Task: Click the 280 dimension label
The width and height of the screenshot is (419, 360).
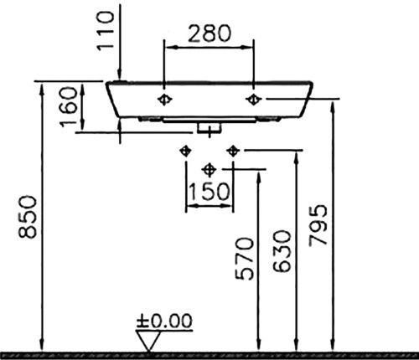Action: click(209, 33)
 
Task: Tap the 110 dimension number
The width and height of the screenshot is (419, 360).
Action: click(106, 31)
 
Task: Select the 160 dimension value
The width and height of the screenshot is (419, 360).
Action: click(69, 106)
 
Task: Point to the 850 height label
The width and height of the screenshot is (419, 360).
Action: click(28, 217)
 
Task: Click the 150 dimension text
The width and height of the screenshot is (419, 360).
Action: click(209, 192)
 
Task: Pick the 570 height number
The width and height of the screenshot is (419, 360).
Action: click(245, 259)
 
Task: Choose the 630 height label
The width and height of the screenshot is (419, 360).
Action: click(282, 251)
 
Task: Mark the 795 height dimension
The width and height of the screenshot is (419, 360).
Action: click(318, 225)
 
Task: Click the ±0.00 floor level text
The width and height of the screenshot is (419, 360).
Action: click(164, 321)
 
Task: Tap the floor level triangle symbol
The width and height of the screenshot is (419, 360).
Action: click(148, 341)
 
